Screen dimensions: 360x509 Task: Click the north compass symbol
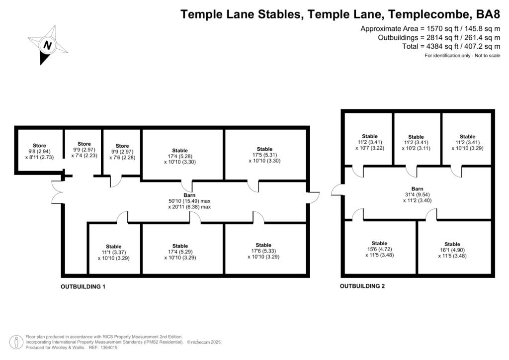click(x=48, y=46)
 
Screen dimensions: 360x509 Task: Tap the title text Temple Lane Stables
click(x=242, y=14)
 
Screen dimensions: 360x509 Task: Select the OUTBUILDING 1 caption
click(x=83, y=287)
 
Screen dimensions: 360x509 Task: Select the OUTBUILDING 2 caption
click(x=362, y=286)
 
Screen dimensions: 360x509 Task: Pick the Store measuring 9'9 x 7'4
click(x=84, y=150)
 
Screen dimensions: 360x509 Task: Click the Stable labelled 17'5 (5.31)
click(x=264, y=155)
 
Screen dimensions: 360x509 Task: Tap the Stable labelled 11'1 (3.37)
click(x=113, y=252)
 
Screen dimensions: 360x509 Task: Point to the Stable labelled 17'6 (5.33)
click(x=263, y=251)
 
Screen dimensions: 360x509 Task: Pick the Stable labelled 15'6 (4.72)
click(x=379, y=249)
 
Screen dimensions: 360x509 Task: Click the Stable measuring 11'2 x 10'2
click(x=416, y=143)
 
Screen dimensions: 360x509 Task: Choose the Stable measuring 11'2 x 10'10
click(x=467, y=142)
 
